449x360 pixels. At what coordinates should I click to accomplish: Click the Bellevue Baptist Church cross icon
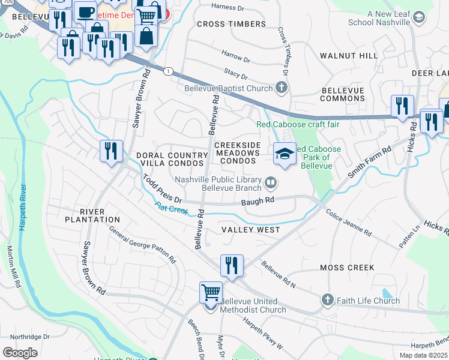pos(280,88)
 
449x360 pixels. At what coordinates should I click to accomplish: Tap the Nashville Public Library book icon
pos(271,181)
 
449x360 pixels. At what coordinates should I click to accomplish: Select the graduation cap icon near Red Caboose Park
pos(285,154)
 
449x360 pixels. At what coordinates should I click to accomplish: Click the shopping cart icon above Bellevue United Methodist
pos(211,293)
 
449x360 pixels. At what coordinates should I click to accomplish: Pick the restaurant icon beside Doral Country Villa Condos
pos(110,151)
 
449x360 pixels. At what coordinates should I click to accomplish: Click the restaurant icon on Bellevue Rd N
pos(232,265)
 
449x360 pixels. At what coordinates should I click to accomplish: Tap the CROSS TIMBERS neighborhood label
pos(231,24)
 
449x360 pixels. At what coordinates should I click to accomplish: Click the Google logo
pos(20,352)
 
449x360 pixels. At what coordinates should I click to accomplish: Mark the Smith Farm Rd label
pos(369,161)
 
